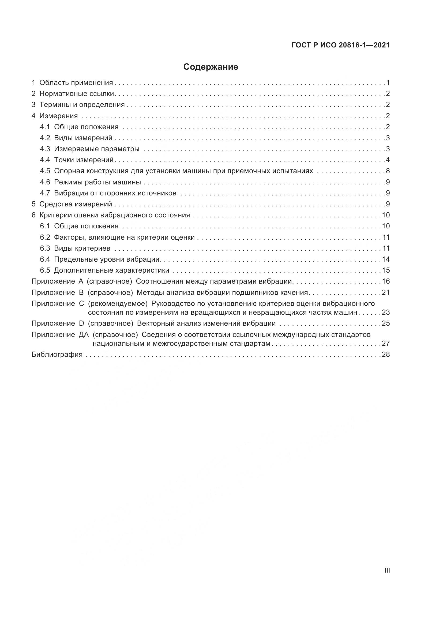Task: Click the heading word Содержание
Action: [211, 67]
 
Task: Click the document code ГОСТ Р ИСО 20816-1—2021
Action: [340, 45]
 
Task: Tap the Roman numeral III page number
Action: [387, 570]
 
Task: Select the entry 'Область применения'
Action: [76, 83]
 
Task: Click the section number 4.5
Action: [45, 171]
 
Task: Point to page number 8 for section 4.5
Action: [388, 171]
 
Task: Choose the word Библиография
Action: [57, 354]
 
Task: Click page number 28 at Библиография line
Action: [386, 354]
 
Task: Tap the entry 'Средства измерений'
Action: [76, 204]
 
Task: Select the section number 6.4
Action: [45, 259]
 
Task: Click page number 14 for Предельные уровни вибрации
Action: [386, 259]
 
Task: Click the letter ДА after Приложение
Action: [84, 335]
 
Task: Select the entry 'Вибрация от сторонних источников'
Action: [115, 193]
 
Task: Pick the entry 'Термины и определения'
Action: [82, 105]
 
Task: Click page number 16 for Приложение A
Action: [386, 281]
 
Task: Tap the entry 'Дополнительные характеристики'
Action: [112, 270]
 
